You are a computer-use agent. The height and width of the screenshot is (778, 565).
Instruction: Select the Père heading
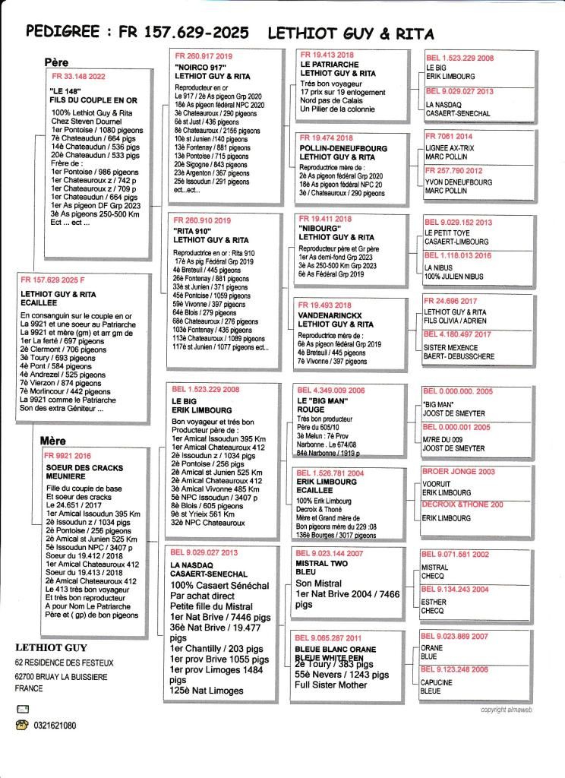point(56,62)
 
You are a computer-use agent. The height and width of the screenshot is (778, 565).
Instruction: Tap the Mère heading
point(55,441)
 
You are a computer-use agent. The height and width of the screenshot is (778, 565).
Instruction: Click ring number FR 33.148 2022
point(78,77)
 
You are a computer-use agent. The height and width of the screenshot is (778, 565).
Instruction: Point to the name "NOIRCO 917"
point(196,67)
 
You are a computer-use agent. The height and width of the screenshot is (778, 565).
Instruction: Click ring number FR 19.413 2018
point(327,55)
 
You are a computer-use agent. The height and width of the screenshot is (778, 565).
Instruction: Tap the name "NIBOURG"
point(320,229)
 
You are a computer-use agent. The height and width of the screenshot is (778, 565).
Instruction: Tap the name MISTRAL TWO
point(322,565)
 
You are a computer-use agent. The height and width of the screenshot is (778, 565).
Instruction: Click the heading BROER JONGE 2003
point(458,472)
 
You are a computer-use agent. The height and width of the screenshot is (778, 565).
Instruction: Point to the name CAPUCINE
point(437,682)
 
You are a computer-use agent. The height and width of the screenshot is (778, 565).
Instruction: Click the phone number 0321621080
point(55,726)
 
